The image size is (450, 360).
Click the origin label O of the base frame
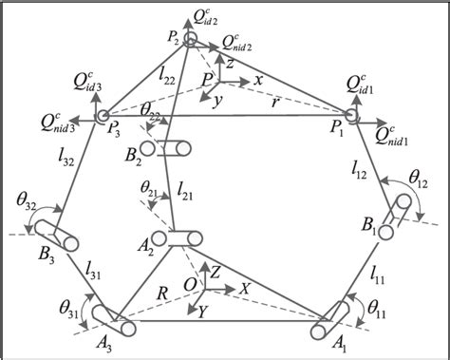tap(191, 286)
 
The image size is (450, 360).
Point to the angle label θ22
tap(151, 112)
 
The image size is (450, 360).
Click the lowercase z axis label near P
tap(230, 62)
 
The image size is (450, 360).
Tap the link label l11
tap(379, 275)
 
